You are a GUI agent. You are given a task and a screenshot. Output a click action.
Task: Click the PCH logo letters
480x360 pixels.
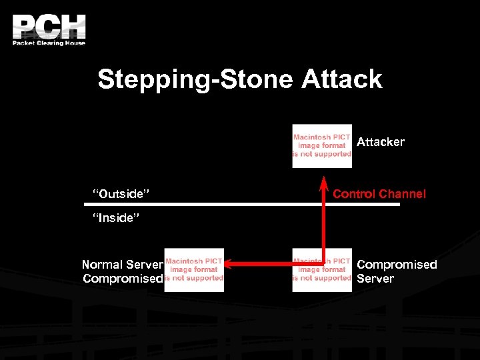(x=49, y=26)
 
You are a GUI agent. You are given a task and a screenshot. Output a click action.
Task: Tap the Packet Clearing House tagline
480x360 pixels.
(x=49, y=43)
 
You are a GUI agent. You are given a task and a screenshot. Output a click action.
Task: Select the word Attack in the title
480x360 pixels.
(x=341, y=79)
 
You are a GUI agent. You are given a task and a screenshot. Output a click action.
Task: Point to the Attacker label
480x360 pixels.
(x=380, y=142)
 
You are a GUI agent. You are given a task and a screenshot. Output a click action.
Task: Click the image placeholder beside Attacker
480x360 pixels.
(x=322, y=145)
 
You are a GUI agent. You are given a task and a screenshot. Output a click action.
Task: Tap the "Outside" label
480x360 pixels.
(x=120, y=194)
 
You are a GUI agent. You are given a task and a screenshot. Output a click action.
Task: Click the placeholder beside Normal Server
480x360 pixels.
(x=194, y=269)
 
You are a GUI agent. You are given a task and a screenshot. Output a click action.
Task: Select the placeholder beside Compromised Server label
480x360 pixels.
(x=322, y=269)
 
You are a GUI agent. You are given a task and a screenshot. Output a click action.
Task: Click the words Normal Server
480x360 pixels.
(x=123, y=265)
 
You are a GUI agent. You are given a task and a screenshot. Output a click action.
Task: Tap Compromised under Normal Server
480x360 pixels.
(x=123, y=279)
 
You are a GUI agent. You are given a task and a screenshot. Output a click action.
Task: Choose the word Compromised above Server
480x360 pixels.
(x=397, y=265)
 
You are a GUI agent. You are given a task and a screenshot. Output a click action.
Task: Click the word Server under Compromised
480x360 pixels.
(x=375, y=279)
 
